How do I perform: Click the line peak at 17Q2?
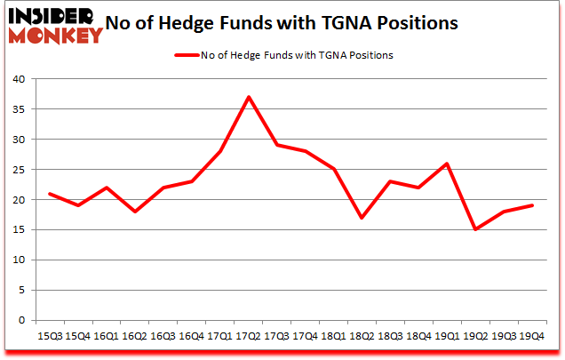point(250,97)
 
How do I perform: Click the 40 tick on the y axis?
point(20,79)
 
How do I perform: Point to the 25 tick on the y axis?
point(20,170)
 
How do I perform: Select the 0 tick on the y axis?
point(24,320)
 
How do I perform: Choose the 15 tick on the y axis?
point(20,229)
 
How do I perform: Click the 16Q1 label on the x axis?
point(106,336)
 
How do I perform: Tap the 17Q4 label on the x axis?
point(306,336)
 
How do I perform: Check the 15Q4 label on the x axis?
point(77,336)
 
